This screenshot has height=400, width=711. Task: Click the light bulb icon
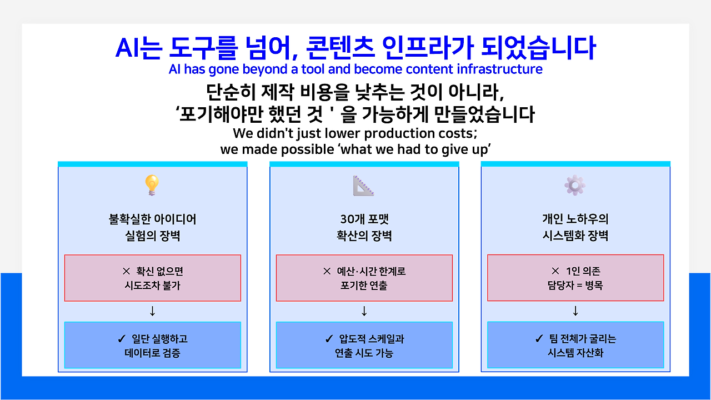152,185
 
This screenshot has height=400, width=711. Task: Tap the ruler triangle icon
363,186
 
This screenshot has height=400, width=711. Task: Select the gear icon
575,185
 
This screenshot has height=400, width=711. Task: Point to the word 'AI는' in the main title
139,48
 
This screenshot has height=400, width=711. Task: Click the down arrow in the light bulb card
152,311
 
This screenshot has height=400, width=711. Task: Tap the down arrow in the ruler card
364,311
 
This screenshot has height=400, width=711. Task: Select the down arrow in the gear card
575,311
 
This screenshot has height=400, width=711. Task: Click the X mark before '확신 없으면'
126,271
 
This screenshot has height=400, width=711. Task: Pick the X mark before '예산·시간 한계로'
327,271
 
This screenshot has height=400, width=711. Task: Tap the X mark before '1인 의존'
555,271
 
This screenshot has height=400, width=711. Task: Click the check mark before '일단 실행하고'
122,339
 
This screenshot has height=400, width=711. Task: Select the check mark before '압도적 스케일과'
329,339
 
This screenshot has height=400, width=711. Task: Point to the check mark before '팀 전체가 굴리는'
539,338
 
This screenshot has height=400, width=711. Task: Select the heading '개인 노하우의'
575,219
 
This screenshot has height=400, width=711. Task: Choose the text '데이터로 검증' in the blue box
152,353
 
